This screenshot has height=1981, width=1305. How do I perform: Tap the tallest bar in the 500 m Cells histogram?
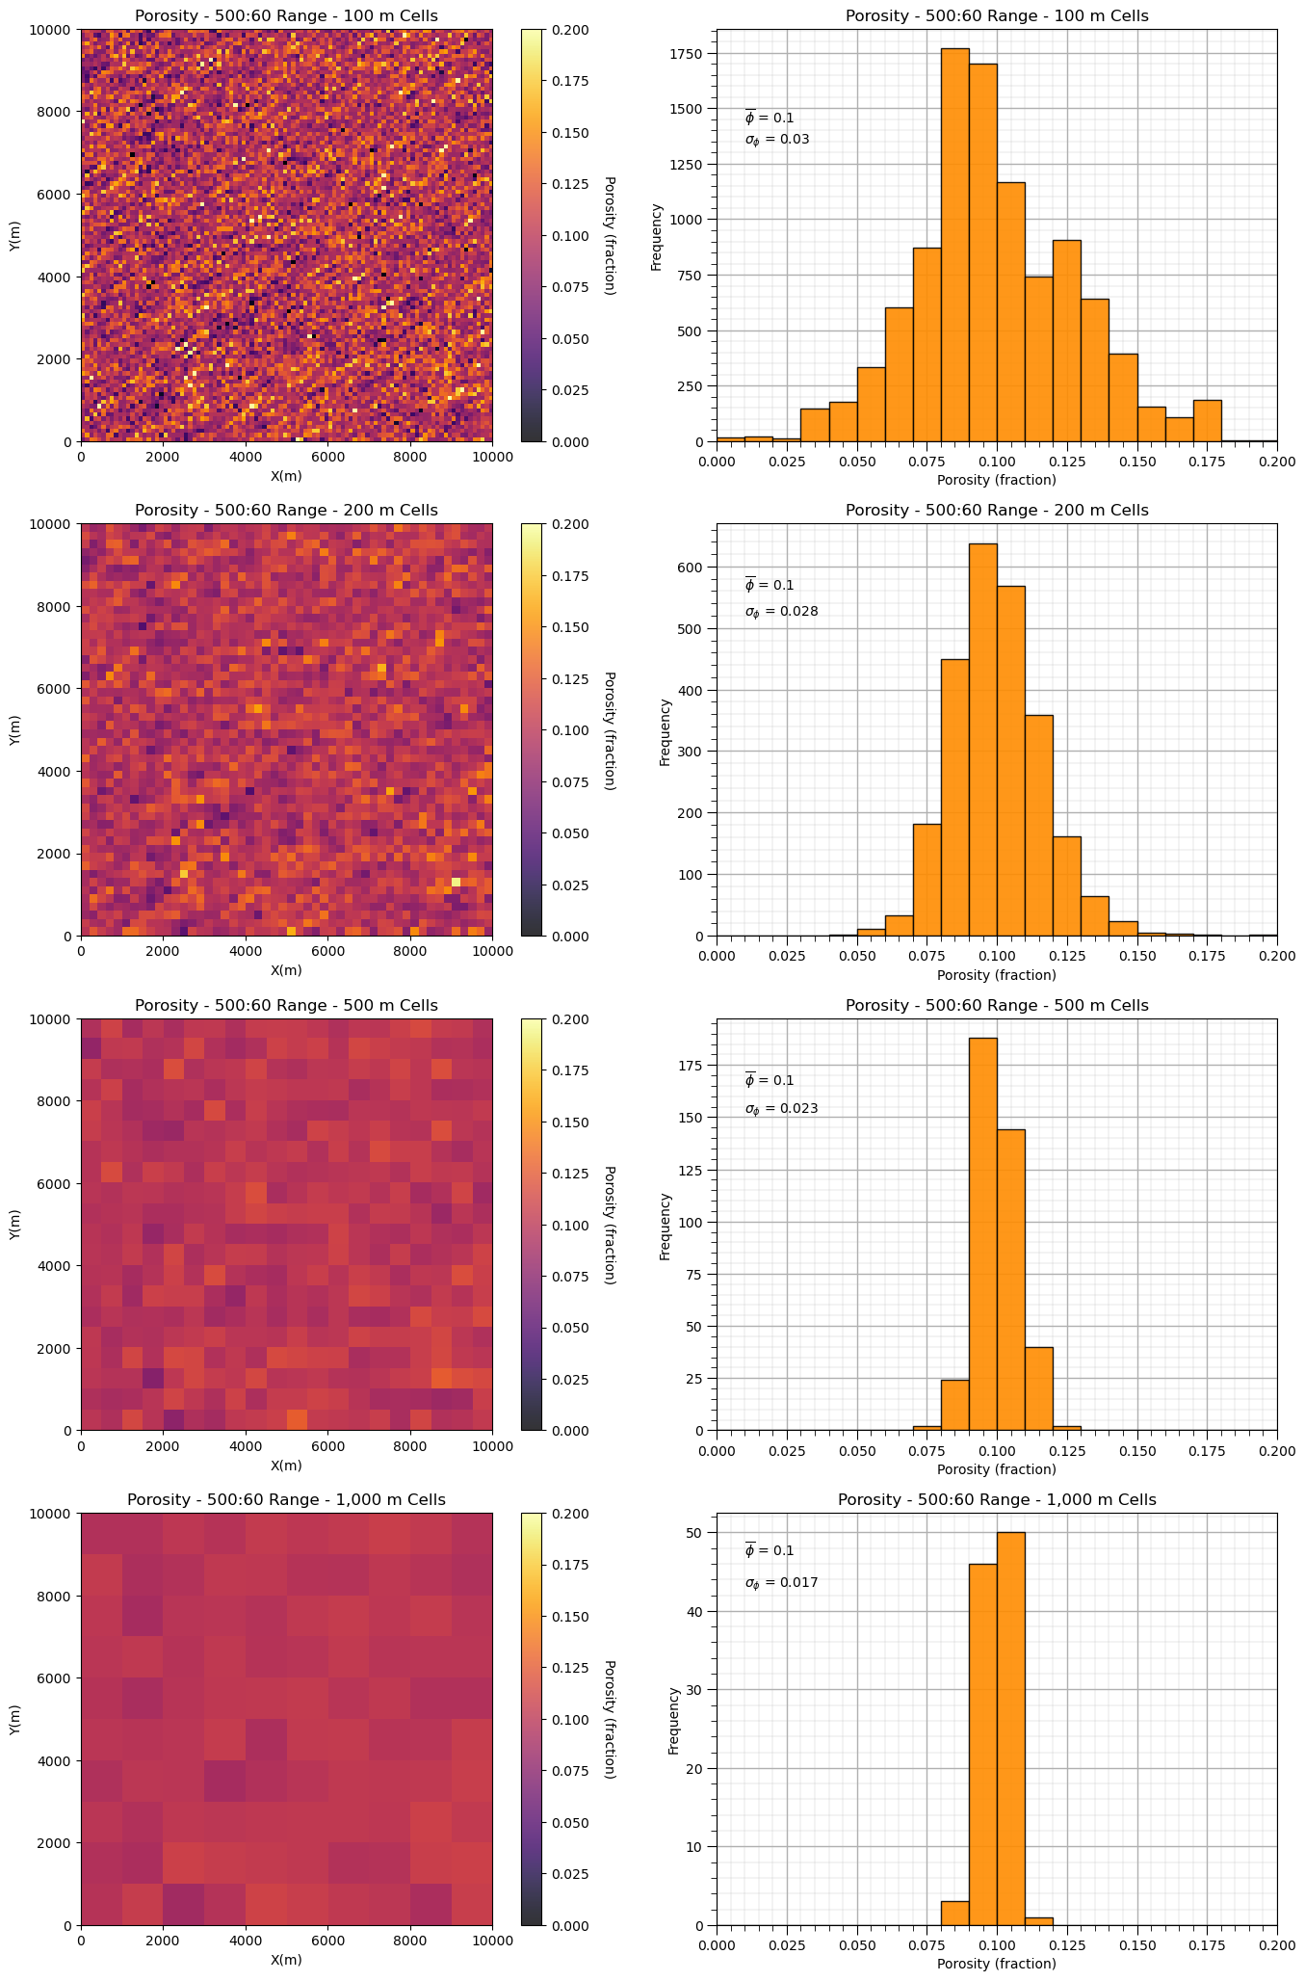pos(982,1234)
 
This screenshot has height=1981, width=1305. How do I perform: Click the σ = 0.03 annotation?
pos(777,140)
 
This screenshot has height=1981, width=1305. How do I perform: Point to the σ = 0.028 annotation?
pos(781,611)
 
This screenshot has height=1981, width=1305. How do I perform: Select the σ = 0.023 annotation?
pos(781,1108)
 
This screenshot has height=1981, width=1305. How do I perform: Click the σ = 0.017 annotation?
pos(781,1582)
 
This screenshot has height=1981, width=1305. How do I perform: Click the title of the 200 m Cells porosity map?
pos(286,511)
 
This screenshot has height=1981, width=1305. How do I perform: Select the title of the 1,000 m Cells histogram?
pos(997,1500)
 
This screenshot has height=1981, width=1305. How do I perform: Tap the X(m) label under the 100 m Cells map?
pos(286,476)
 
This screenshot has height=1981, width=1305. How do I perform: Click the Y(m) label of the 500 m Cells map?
pos(15,1224)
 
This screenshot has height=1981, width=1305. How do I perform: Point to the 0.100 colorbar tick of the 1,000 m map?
pos(570,1719)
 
